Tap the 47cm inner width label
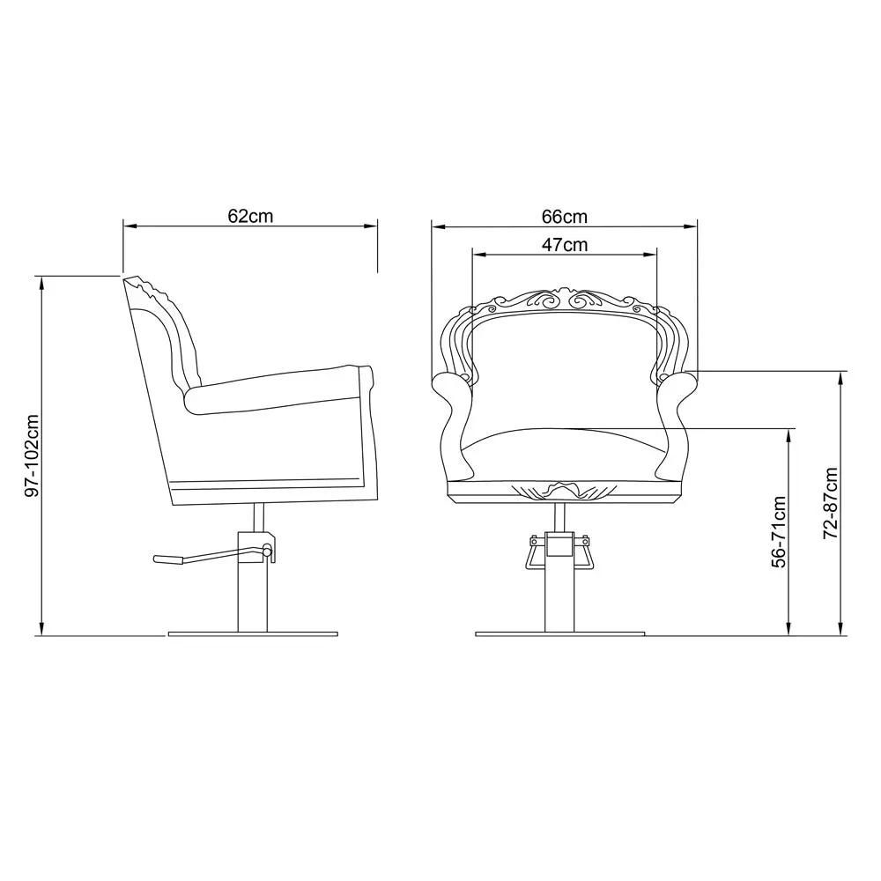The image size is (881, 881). (x=564, y=245)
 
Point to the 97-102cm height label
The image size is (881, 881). (x=33, y=455)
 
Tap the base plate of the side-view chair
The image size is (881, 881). (x=253, y=633)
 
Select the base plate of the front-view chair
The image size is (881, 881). (x=559, y=633)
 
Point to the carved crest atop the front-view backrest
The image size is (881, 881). (x=564, y=301)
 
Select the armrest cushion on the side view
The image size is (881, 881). (x=282, y=388)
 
